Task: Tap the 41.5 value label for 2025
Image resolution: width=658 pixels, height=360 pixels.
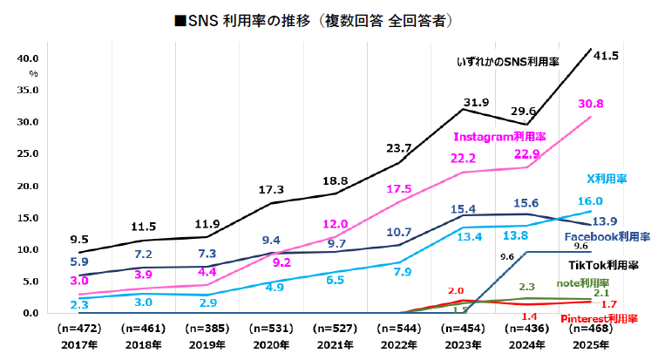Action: tap(605, 56)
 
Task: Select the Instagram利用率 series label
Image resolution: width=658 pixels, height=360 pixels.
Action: tap(499, 137)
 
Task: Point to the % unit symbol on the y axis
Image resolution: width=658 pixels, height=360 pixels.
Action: tap(34, 74)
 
